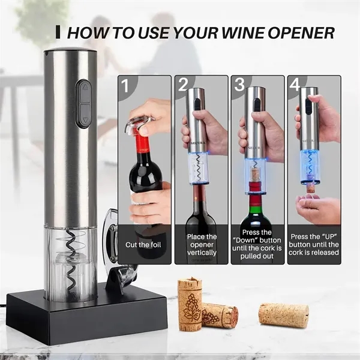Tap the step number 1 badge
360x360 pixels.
[125, 85]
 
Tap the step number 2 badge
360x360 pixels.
[183, 85]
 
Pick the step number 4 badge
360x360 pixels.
[295, 85]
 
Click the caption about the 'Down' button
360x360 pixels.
[257, 244]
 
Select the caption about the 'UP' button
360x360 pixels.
[314, 244]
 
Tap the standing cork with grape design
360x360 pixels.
[190, 304]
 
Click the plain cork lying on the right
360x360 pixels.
[283, 315]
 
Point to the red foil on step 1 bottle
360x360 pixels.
[143, 144]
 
